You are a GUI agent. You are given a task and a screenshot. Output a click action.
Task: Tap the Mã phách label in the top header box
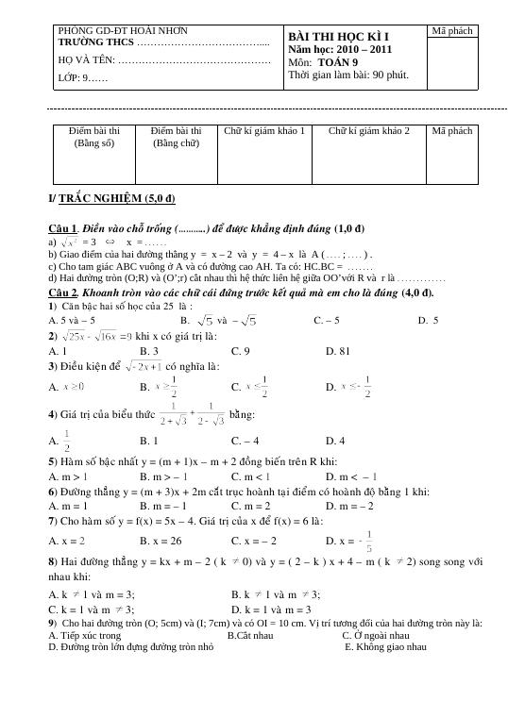click(x=451, y=32)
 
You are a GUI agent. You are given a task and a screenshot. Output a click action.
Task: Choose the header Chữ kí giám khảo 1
click(x=264, y=131)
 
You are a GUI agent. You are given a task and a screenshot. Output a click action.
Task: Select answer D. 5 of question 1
click(x=428, y=321)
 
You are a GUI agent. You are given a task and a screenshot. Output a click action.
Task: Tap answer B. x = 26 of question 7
click(x=161, y=541)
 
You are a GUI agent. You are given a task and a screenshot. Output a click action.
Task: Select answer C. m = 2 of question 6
click(x=250, y=506)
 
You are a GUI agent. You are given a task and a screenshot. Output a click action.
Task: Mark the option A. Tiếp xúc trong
click(x=81, y=635)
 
